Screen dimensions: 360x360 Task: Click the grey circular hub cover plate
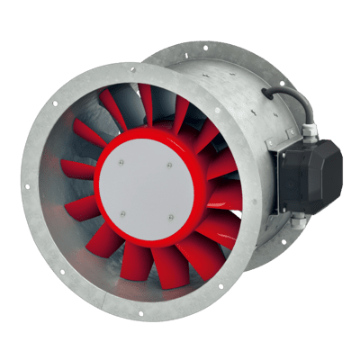click(x=147, y=192)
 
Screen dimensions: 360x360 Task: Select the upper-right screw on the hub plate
click(x=170, y=163)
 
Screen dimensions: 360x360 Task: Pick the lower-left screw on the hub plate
click(x=122, y=213)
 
